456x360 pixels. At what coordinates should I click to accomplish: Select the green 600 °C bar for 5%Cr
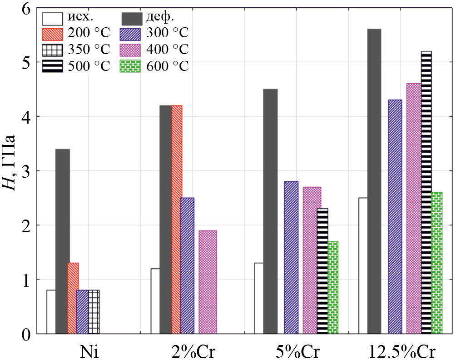(332, 287)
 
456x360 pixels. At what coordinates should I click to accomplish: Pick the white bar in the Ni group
(51, 312)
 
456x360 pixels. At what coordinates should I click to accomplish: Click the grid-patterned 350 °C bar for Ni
(94, 312)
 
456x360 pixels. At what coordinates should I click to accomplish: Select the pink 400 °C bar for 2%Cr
(208, 282)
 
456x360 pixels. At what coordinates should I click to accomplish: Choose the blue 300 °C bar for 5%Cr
(291, 257)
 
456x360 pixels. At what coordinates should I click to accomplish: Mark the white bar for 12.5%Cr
(363, 265)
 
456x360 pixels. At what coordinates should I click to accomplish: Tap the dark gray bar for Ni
(63, 241)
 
